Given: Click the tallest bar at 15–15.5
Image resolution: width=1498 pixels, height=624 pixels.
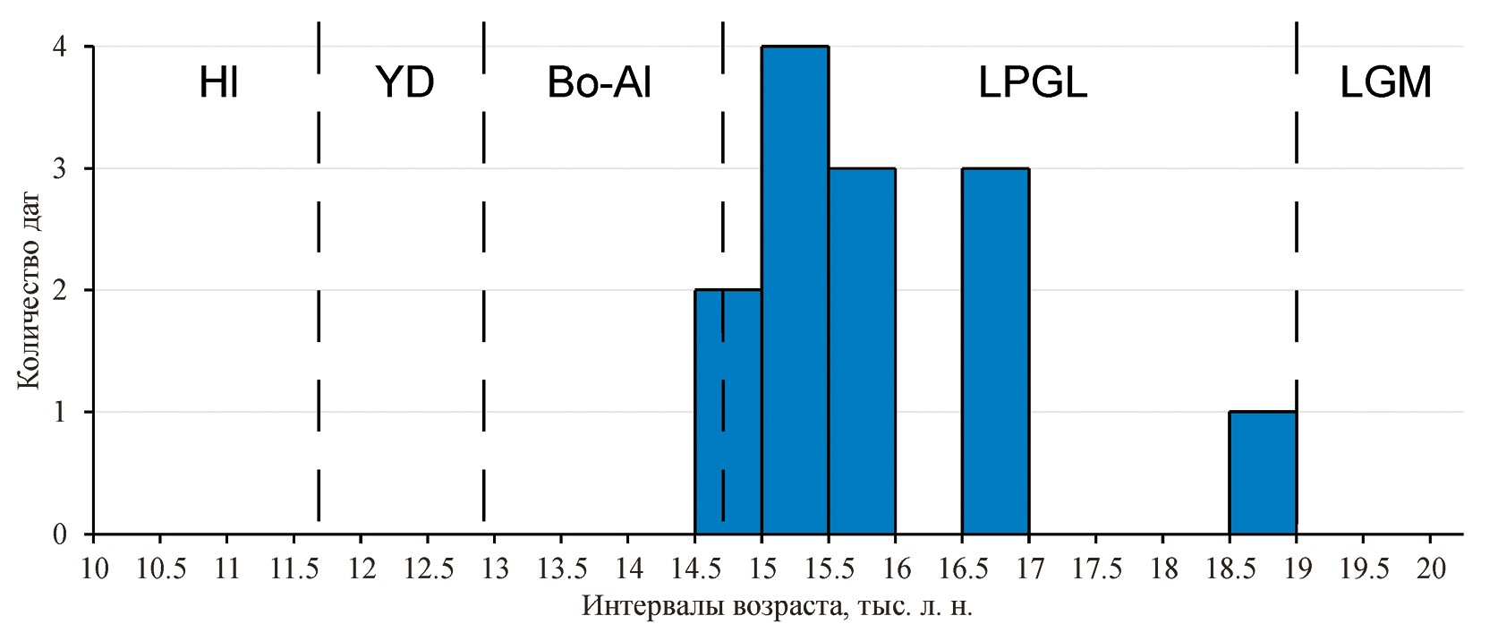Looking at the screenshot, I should tap(795, 290).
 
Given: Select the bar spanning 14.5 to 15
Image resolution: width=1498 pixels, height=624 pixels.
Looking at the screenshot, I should tap(728, 412).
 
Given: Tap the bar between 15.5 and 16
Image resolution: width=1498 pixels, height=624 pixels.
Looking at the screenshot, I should tap(862, 351).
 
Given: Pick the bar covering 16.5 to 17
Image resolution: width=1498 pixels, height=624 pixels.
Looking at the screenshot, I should tap(995, 351).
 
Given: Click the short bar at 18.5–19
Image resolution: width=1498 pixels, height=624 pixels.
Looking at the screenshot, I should tap(1262, 473).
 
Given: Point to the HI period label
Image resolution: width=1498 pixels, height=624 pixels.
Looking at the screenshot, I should tap(218, 84).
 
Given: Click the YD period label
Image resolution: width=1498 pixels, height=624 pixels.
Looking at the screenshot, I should tap(405, 84).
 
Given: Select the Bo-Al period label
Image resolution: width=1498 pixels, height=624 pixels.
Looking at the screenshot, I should tap(599, 84).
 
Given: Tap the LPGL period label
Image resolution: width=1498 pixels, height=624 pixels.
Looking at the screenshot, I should tap(1033, 84).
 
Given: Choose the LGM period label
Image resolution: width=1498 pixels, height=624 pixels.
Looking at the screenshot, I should tap(1385, 84).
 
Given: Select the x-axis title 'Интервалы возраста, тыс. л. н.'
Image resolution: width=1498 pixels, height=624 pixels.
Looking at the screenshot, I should tap(777, 606).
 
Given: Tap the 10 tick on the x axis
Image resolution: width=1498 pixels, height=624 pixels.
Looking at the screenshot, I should tap(94, 568).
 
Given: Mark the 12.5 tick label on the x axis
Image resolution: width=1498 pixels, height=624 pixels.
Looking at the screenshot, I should tap(427, 568).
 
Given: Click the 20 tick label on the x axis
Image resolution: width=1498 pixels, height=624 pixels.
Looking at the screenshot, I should tap(1430, 568).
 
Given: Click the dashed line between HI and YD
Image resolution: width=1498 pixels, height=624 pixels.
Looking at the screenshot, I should tap(319, 269).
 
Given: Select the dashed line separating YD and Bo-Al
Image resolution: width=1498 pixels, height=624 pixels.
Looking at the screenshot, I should tap(483, 269).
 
